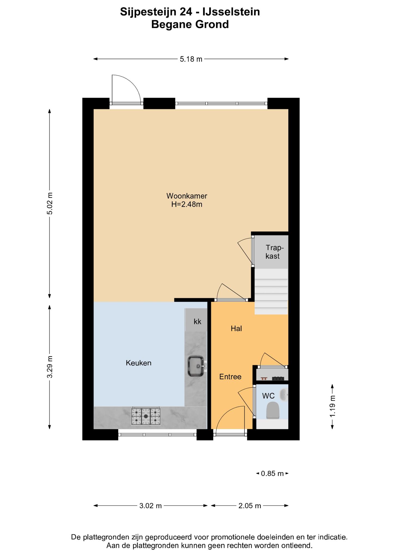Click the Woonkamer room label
click(187, 196)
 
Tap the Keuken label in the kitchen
click(138, 363)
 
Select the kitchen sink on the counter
click(196, 366)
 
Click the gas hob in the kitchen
click(146, 416)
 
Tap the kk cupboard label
click(198, 321)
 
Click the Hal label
click(236, 329)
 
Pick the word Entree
click(230, 377)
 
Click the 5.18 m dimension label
click(191, 59)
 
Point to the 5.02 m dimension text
click(50, 203)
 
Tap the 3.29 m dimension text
click(50, 367)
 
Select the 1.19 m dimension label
click(332, 406)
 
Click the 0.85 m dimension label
click(272, 474)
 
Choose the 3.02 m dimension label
click(150, 506)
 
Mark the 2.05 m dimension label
click(250, 506)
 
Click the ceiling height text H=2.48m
click(187, 204)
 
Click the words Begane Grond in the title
click(190, 24)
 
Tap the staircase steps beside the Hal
click(271, 292)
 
